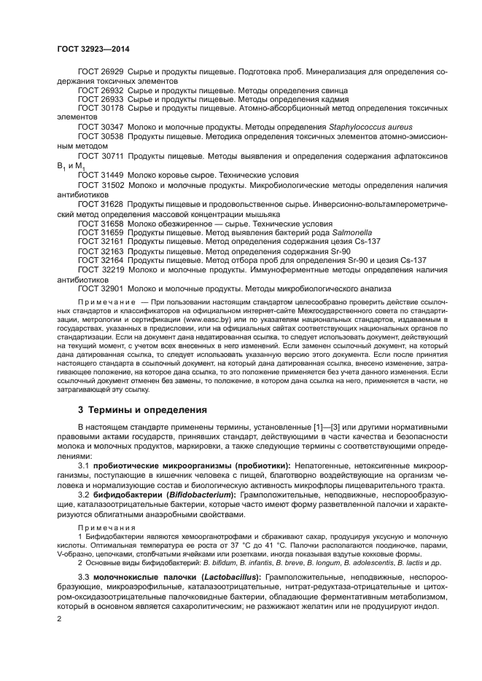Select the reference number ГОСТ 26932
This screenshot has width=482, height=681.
tap(101, 90)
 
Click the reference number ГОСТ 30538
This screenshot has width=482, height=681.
tap(101, 135)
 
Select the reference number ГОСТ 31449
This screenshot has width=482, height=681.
tap(101, 176)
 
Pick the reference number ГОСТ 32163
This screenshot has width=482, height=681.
tap(101, 251)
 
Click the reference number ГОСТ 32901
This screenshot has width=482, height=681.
tap(101, 288)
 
